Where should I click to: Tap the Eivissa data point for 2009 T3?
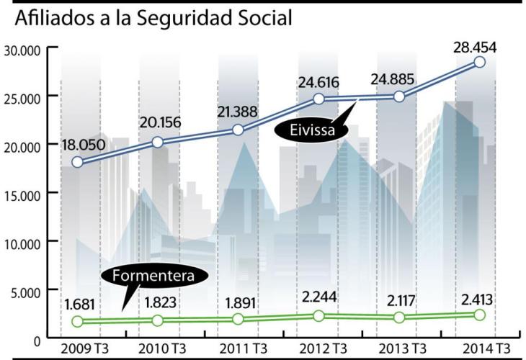pyautogui.click(x=77, y=162)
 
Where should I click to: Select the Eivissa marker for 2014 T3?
pyautogui.click(x=479, y=62)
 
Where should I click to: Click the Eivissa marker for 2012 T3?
pyautogui.click(x=318, y=99)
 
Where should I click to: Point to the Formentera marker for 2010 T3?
pyautogui.click(x=158, y=320)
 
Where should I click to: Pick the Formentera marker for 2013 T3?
pyautogui.click(x=398, y=318)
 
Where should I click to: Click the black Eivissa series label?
pyautogui.click(x=308, y=131)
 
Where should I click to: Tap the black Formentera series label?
pyautogui.click(x=153, y=276)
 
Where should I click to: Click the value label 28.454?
pyautogui.click(x=474, y=48)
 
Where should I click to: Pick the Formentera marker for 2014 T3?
pyautogui.click(x=480, y=315)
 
